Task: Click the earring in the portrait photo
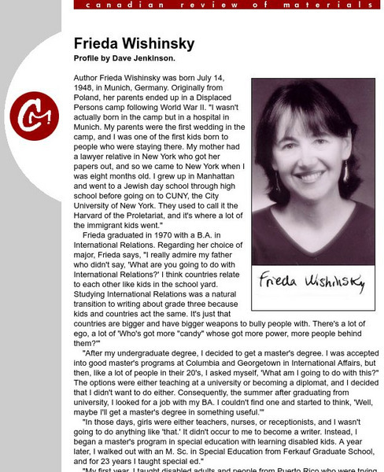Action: pyautogui.click(x=344, y=171)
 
